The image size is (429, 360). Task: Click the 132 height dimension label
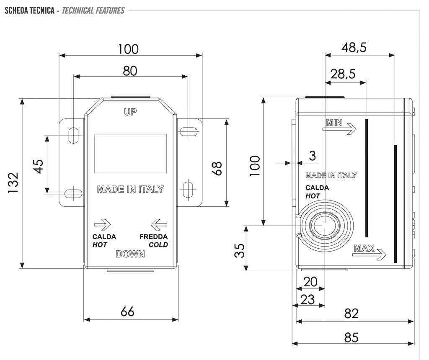(x=13, y=183)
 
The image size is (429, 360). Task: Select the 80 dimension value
(x=130, y=71)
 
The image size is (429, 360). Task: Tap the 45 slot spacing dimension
(x=38, y=166)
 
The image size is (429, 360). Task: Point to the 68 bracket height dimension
(x=217, y=167)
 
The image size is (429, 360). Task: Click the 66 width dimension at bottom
(x=127, y=311)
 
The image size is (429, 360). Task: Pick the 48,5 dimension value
(x=354, y=47)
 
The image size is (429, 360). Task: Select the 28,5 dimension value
(x=343, y=74)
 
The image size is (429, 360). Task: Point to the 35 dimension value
(x=239, y=251)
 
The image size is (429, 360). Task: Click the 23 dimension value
(x=308, y=299)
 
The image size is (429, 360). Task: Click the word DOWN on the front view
(x=130, y=254)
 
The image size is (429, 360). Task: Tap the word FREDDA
(x=153, y=237)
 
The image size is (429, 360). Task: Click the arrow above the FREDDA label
(x=159, y=224)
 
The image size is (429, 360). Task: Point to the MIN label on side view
(x=334, y=123)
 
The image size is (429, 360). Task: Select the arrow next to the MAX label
(x=376, y=254)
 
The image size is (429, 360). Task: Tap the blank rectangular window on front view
(x=131, y=154)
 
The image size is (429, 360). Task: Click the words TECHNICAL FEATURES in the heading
(x=93, y=10)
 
